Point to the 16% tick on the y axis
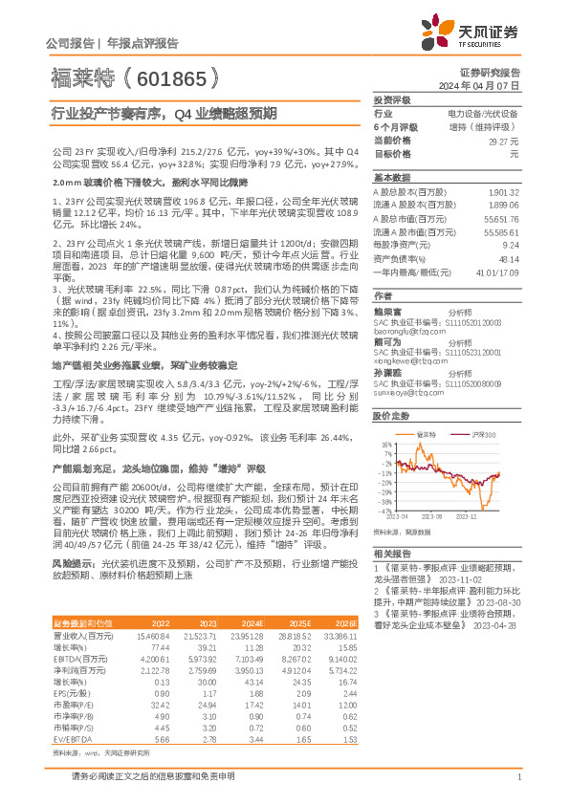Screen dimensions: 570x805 (x=384, y=445)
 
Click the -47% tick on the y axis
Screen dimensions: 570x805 (x=384, y=511)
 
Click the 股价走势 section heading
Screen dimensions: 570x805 (x=391, y=416)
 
